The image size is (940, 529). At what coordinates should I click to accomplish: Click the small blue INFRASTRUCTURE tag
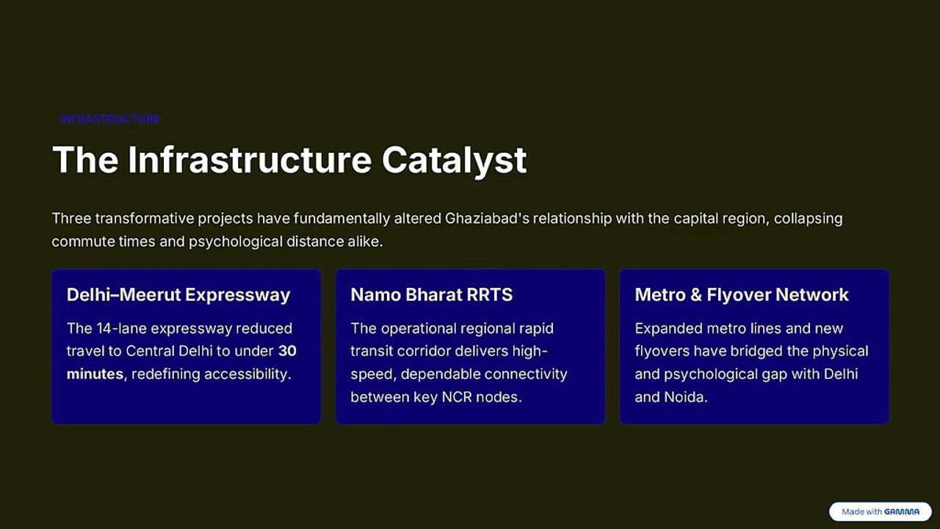tap(109, 119)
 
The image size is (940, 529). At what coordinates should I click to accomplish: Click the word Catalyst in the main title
tap(454, 160)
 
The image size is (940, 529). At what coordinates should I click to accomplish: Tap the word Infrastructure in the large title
tap(250, 159)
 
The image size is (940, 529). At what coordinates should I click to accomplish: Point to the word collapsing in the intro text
tap(809, 219)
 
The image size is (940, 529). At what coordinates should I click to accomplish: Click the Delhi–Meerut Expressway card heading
tap(178, 295)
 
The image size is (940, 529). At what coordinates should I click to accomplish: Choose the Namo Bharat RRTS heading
tap(431, 295)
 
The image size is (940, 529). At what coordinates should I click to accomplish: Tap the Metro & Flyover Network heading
tap(742, 295)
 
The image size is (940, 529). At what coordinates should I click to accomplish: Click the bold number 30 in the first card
tap(287, 351)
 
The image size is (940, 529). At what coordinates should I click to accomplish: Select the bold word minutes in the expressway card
tap(95, 374)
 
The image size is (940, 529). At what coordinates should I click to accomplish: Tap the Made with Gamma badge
tap(880, 512)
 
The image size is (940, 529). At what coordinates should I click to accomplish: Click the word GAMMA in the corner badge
tap(902, 512)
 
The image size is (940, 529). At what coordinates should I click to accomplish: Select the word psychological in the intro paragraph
tap(236, 242)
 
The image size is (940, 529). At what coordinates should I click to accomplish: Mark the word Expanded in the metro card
tap(668, 328)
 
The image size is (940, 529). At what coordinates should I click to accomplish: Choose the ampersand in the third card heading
tap(695, 295)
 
